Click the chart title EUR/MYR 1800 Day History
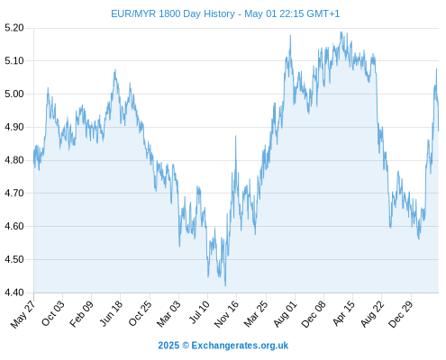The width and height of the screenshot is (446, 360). [173, 13]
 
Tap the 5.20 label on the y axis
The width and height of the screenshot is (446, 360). [14, 28]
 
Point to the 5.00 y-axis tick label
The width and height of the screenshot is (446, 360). [14, 94]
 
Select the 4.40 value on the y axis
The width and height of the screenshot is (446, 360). [14, 292]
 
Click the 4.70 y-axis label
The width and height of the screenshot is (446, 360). [14, 193]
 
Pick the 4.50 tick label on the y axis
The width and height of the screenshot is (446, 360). [14, 259]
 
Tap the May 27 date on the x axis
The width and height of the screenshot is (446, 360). [23, 314]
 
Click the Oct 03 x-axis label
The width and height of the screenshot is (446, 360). [53, 313]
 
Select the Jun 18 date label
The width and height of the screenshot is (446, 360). [111, 313]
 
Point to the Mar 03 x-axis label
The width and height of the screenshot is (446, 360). [168, 313]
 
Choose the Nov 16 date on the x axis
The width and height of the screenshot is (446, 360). [226, 314]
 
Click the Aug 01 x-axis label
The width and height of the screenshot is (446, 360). [285, 313]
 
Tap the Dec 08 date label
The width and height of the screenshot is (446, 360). [314, 314]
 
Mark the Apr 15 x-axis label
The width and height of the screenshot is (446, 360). [343, 313]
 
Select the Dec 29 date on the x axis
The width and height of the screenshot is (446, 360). [401, 314]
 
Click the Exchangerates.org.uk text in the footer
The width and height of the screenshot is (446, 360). [240, 346]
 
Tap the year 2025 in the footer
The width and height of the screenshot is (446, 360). [168, 346]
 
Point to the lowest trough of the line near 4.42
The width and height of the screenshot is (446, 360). [225, 285]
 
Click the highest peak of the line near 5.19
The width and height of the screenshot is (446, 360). [341, 31]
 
